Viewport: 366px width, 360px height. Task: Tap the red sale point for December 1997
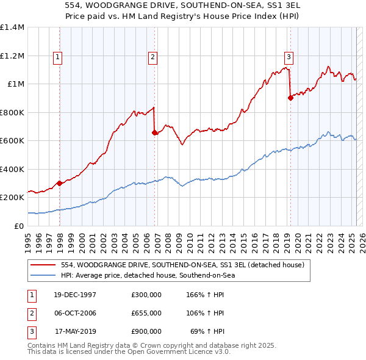(60, 183)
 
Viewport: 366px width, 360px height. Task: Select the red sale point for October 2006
(154, 133)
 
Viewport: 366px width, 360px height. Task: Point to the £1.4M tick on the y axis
(12, 27)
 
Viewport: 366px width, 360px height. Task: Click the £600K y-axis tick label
(12, 141)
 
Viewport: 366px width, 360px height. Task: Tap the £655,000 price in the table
(146, 313)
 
